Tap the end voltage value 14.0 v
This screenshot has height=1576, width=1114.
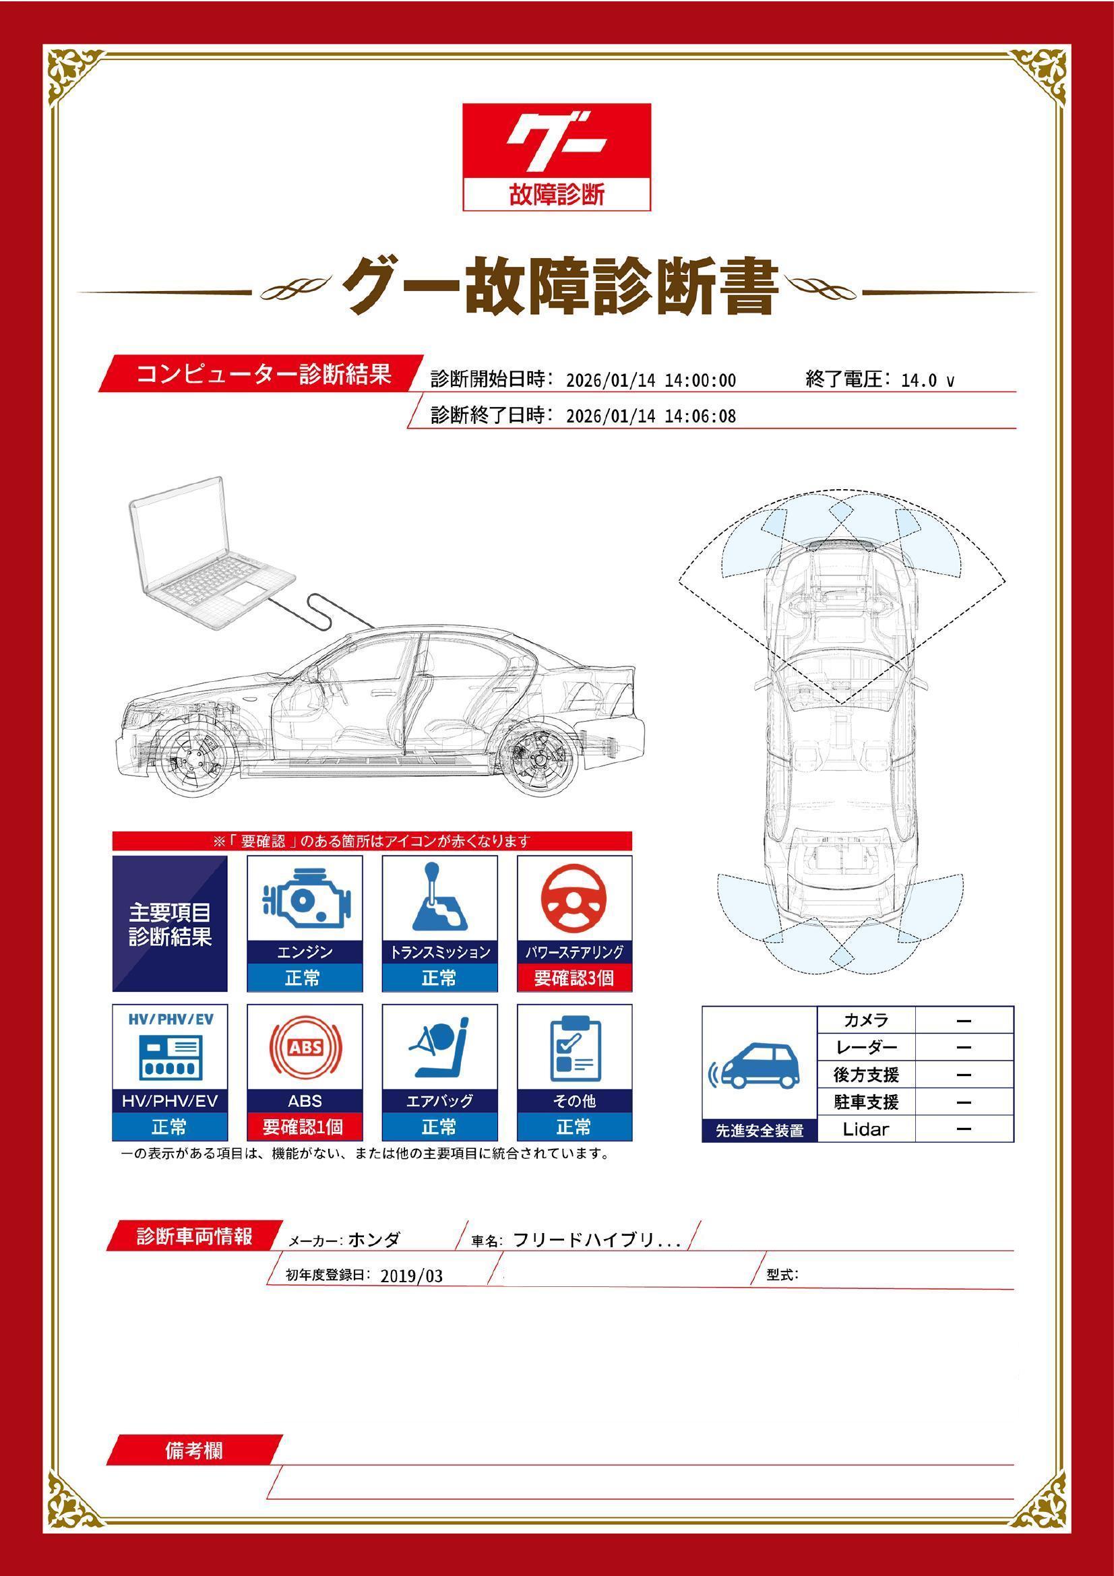tap(927, 381)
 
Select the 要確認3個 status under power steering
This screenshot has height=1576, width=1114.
tap(574, 978)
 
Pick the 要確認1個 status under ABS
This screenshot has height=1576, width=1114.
tap(304, 1127)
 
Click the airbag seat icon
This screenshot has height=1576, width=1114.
tap(439, 1048)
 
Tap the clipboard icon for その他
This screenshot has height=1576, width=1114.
tap(574, 1048)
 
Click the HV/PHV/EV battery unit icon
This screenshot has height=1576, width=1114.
tap(170, 1057)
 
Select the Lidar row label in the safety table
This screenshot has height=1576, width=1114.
tap(865, 1129)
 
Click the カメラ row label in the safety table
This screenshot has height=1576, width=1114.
tap(865, 1020)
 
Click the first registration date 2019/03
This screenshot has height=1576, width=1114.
tap(411, 1276)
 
